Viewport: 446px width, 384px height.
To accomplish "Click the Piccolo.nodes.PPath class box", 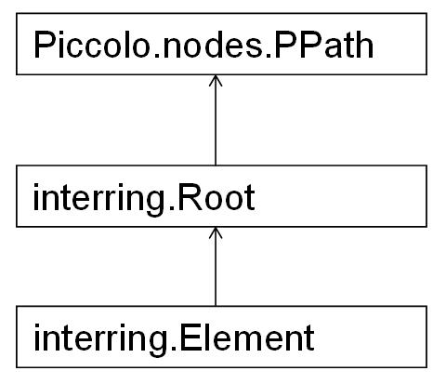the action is click(x=221, y=44).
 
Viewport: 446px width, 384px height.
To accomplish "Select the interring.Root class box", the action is click(x=221, y=196).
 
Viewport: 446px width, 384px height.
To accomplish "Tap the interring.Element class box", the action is click(x=221, y=337).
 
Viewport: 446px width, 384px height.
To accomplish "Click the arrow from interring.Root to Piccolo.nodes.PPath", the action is click(x=216, y=120).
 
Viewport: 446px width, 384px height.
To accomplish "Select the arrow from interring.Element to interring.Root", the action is click(x=216, y=267).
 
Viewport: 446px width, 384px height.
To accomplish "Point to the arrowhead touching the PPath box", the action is click(x=216, y=81).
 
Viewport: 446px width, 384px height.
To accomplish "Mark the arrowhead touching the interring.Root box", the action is click(x=216, y=232).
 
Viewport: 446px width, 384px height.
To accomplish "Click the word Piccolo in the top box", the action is click(x=92, y=45).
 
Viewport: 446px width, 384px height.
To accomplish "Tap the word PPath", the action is click(x=324, y=45).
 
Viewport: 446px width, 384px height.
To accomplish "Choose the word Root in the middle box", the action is click(x=216, y=197).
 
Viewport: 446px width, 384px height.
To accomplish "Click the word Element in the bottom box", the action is click(x=247, y=338).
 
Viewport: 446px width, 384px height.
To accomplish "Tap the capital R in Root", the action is click(x=189, y=197).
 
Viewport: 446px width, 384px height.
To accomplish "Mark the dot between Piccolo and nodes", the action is click(x=156, y=56).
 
